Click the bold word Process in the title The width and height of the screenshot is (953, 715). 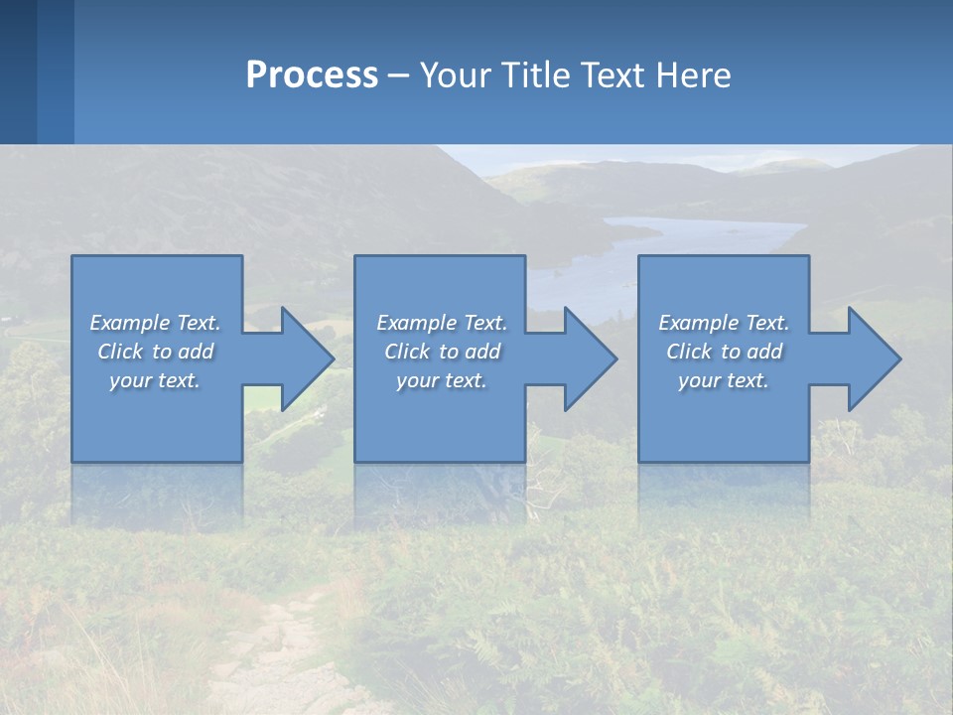click(x=312, y=75)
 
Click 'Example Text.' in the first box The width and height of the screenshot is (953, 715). click(x=155, y=323)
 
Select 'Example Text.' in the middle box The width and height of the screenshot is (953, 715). click(x=442, y=323)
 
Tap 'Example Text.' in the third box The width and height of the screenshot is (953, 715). click(x=724, y=323)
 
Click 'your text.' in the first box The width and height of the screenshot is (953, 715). click(x=155, y=380)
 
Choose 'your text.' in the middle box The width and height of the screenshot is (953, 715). click(x=442, y=380)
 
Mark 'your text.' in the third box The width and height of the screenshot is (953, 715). click(x=724, y=380)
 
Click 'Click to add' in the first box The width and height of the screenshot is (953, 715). click(x=155, y=352)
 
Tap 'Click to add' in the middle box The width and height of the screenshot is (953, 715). click(x=442, y=352)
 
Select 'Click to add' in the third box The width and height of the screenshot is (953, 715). click(x=724, y=352)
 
